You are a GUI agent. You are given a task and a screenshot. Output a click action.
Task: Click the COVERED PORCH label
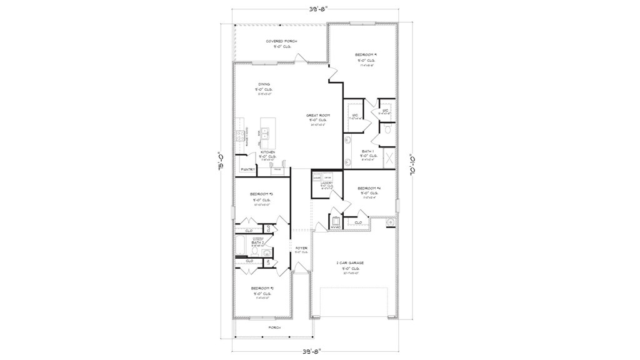coord(281,41)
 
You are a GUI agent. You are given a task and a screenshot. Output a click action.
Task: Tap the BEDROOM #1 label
coord(366,55)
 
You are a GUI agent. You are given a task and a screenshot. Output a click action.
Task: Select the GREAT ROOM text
coord(317,116)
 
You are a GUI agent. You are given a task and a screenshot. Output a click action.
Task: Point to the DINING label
coord(264,84)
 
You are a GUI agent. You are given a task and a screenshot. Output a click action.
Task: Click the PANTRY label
coord(247,169)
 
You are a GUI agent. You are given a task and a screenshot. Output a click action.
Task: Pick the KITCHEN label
coord(268,152)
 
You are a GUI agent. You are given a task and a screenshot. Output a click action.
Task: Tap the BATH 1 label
coord(368,151)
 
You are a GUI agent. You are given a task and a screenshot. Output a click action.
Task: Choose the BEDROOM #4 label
coord(369,188)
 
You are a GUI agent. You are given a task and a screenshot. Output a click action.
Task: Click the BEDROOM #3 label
coord(261,194)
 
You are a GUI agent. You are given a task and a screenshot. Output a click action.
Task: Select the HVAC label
coord(335,227)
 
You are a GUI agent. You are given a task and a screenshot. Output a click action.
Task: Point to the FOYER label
coord(301,248)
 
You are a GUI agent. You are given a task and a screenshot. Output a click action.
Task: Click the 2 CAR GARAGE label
coord(350,263)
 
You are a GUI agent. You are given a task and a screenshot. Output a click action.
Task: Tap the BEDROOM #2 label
coord(262,288)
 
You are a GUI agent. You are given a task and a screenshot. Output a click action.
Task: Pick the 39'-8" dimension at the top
coord(317,9)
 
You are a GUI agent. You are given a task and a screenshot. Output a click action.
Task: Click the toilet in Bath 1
coord(387,131)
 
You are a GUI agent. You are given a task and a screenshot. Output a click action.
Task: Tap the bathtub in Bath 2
coord(242,245)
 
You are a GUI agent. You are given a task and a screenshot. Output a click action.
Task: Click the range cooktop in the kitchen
coord(239,135)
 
